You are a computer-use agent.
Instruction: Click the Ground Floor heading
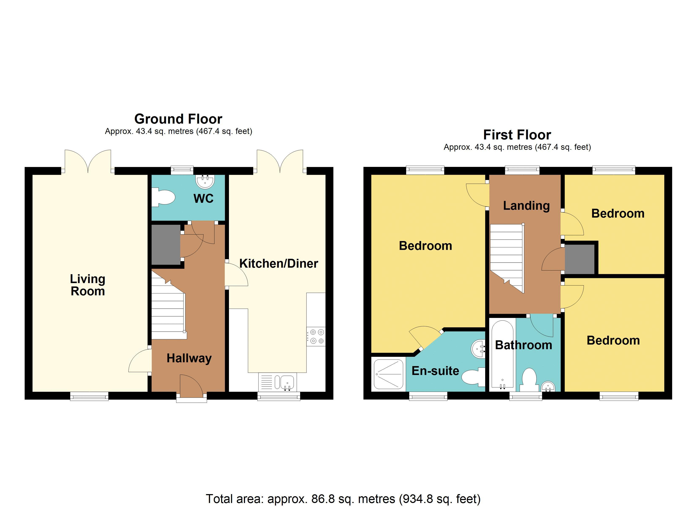[178, 119]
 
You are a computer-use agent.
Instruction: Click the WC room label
[203, 199]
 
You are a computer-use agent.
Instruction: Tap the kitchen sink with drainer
[277, 382]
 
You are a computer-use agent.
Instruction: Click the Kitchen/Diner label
[278, 263]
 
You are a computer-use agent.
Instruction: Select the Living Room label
[88, 285]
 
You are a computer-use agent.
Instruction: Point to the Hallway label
[189, 358]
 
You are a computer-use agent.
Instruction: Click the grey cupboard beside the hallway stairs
[166, 244]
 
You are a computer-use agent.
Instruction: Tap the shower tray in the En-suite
[388, 374]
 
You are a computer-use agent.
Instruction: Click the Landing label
[526, 206]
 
